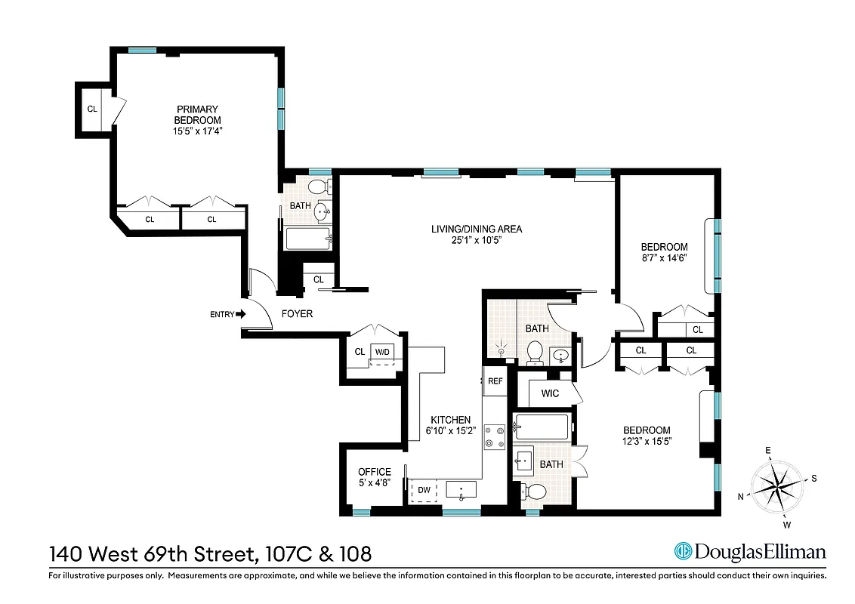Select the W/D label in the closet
tap(383, 352)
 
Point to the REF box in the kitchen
tap(495, 381)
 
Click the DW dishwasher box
tap(424, 490)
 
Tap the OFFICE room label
tap(374, 472)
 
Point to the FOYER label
tap(297, 314)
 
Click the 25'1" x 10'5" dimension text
tap(476, 240)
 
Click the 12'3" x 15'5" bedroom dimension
tap(647, 440)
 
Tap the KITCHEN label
tap(450, 420)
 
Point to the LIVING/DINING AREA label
tap(476, 229)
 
